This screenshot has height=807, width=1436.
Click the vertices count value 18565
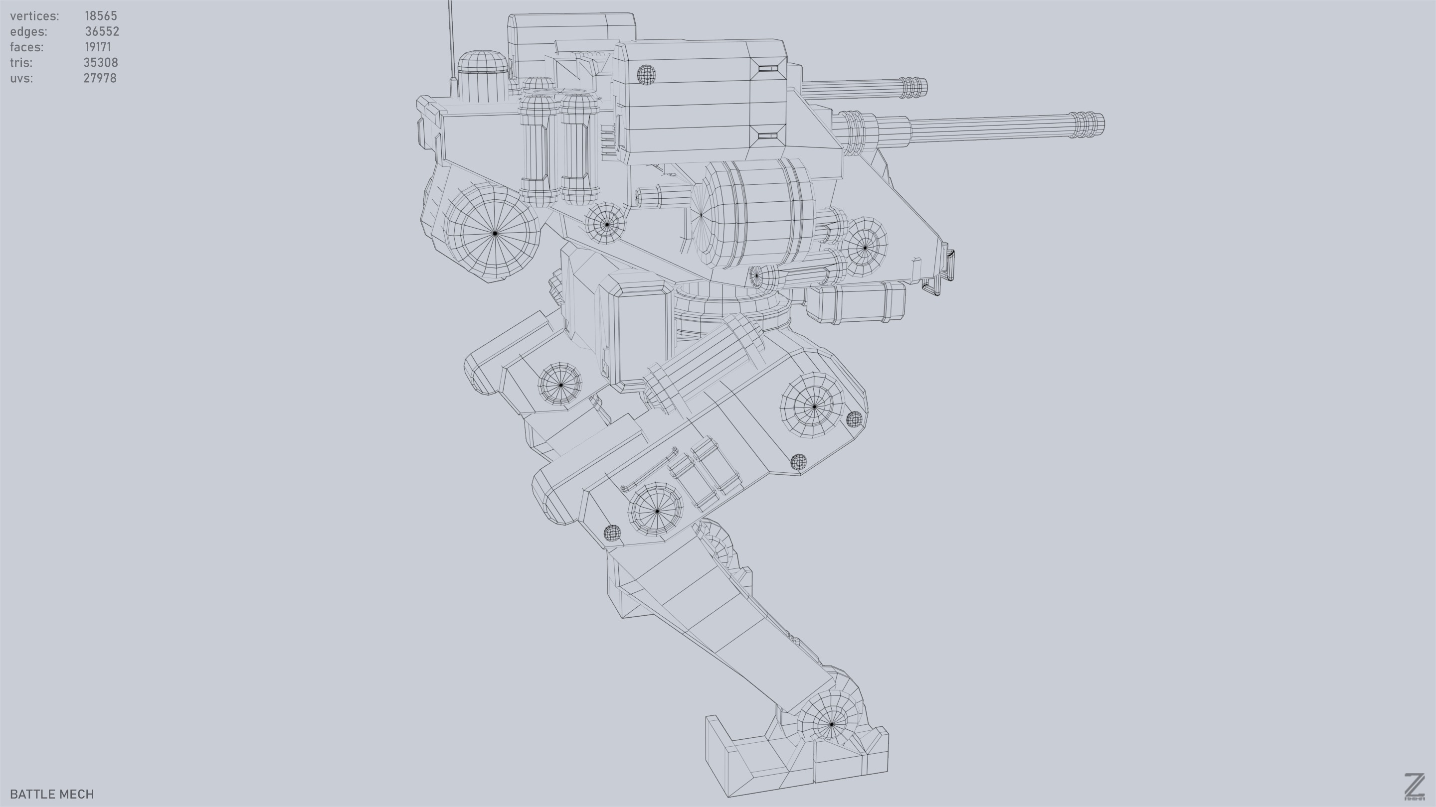(x=100, y=15)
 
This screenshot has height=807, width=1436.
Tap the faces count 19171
(x=98, y=47)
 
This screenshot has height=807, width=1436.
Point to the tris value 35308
(x=100, y=62)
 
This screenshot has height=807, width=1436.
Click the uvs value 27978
(x=100, y=78)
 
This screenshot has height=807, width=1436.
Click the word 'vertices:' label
(x=34, y=15)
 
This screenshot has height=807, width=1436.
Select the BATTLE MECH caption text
(x=52, y=794)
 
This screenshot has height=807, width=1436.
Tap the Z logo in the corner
(x=1414, y=787)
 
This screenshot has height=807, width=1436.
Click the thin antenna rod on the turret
(x=452, y=44)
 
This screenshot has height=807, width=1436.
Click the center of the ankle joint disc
(x=831, y=724)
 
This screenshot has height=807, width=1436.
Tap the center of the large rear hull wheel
(x=495, y=233)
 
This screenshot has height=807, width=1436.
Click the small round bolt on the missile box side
(x=646, y=74)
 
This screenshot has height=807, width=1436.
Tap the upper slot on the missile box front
(x=768, y=69)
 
